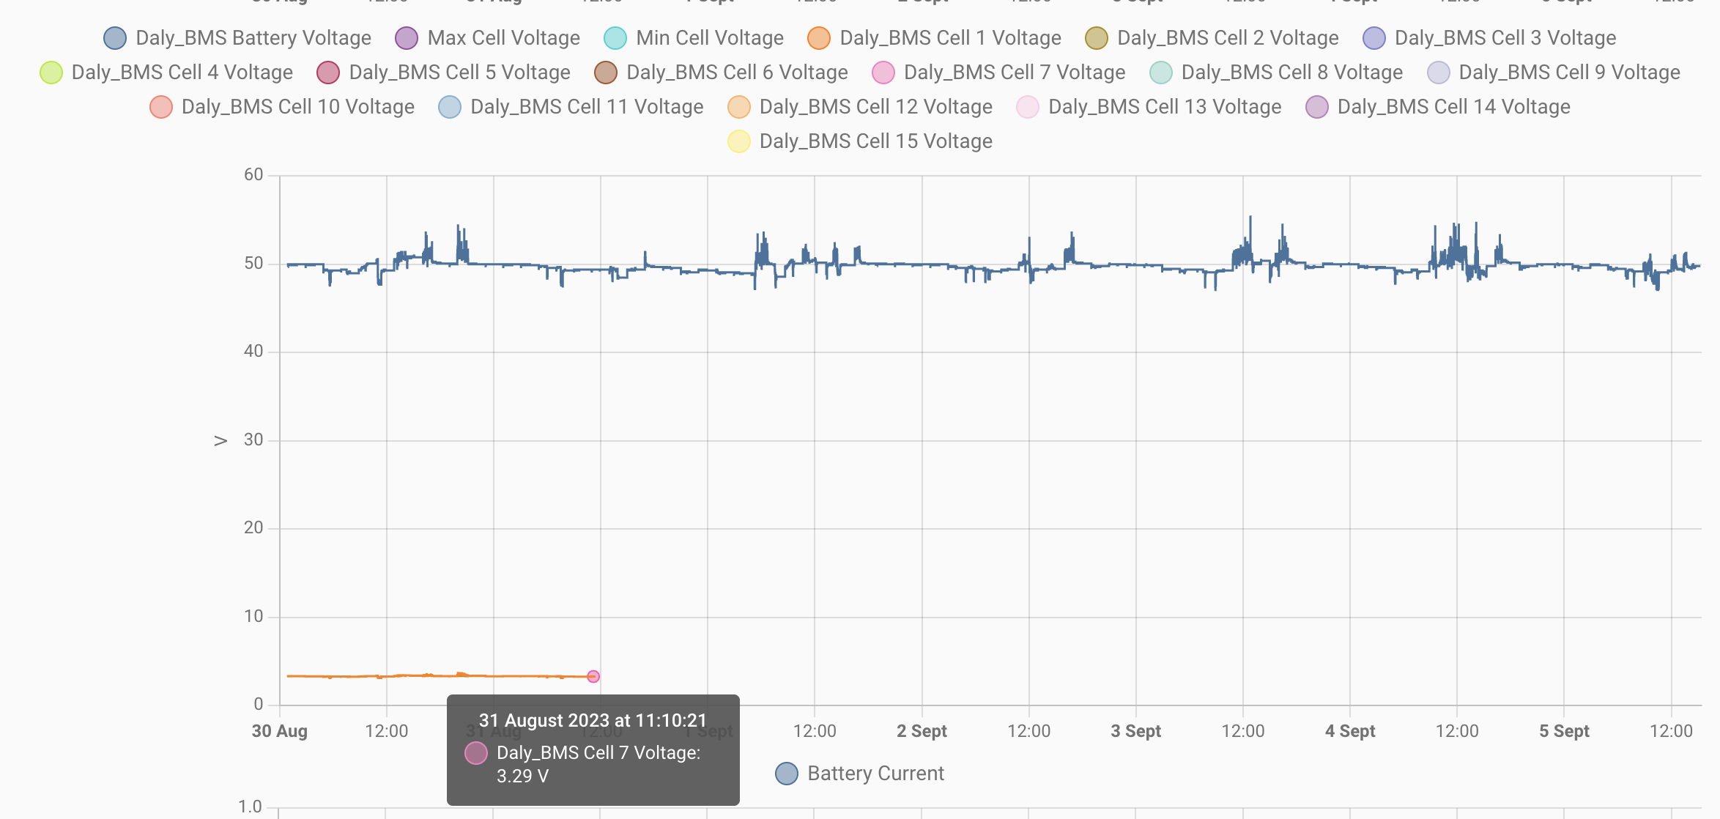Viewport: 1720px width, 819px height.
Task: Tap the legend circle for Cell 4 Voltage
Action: pyautogui.click(x=51, y=73)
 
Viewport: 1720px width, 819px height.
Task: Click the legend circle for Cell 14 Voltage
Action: pyautogui.click(x=1316, y=107)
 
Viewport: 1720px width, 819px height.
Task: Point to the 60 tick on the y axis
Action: pyautogui.click(x=253, y=175)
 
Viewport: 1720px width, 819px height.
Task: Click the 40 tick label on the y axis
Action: pyautogui.click(x=253, y=352)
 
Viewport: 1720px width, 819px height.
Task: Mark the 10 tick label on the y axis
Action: pyautogui.click(x=253, y=617)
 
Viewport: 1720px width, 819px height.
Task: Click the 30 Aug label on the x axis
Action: pyautogui.click(x=280, y=731)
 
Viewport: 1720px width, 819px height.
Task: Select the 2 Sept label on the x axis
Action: pyautogui.click(x=922, y=731)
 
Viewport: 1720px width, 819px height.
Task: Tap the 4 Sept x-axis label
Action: pyautogui.click(x=1350, y=731)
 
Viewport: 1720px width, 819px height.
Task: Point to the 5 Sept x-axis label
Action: pyautogui.click(x=1564, y=731)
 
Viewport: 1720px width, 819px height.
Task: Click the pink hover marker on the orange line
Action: pyautogui.click(x=593, y=676)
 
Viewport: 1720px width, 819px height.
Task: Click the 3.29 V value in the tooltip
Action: pyautogui.click(x=522, y=777)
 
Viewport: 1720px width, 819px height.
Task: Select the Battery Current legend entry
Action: pyautogui.click(x=875, y=774)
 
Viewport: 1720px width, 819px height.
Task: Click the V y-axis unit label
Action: pyautogui.click(x=220, y=441)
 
